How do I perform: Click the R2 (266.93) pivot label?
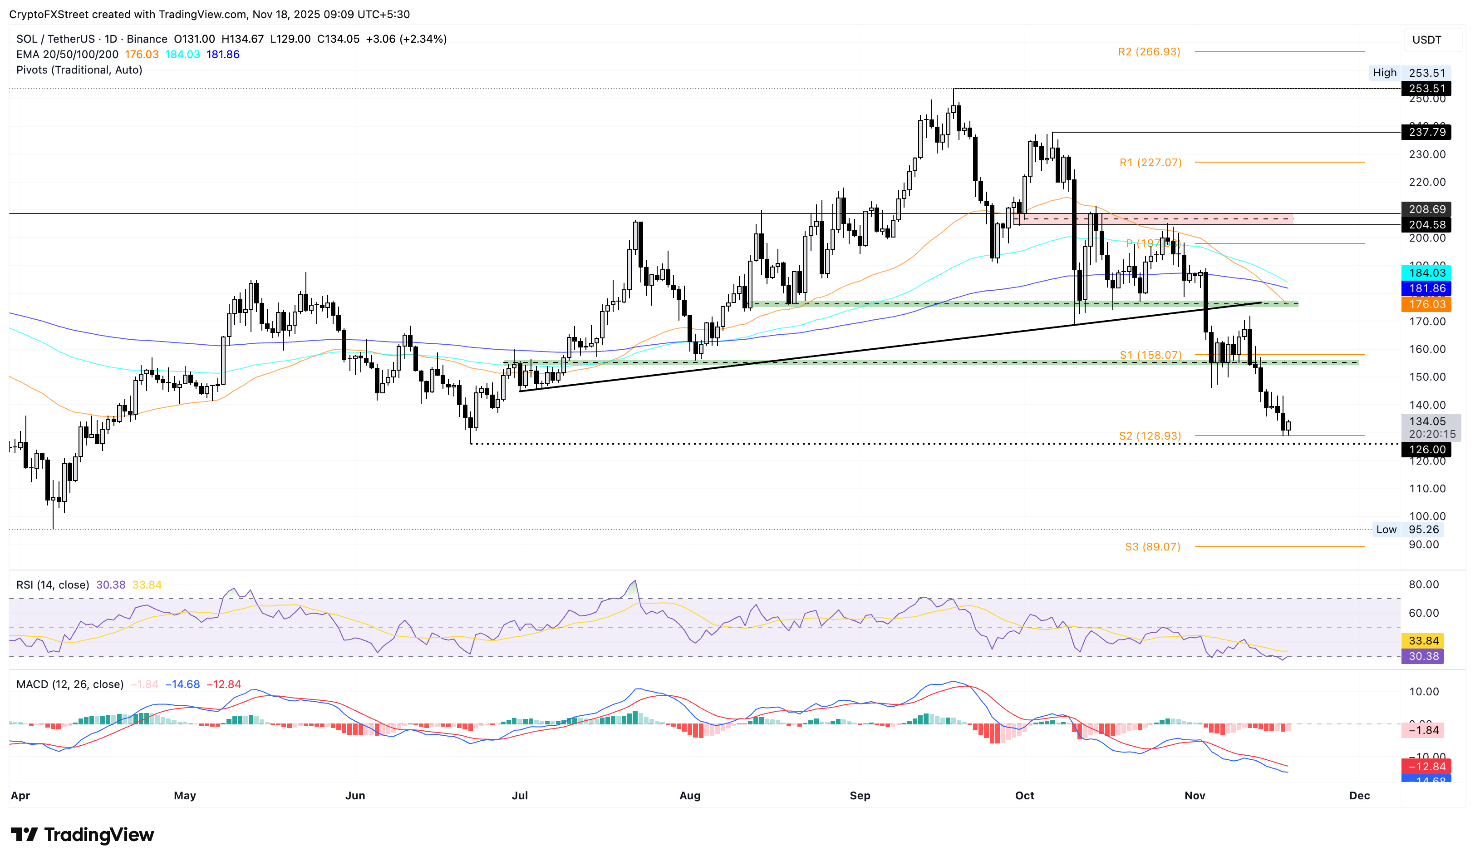tap(1149, 51)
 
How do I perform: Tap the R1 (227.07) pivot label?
tap(1150, 162)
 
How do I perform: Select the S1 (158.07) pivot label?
tap(1150, 355)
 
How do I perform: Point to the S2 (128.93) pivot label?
tap(1150, 436)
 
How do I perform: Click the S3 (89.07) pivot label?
tap(1152, 546)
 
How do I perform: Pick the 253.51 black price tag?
tap(1426, 89)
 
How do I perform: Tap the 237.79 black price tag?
tap(1426, 132)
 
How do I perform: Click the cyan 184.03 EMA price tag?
tap(1426, 272)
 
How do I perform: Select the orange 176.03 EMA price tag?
tap(1426, 304)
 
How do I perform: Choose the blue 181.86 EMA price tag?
tap(1426, 288)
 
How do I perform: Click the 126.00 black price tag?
tap(1426, 449)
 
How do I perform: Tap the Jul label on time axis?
tap(520, 795)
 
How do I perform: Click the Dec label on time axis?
tap(1359, 795)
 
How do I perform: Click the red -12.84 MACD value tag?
tap(1426, 766)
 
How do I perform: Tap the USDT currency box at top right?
tap(1426, 40)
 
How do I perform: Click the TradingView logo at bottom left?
tap(83, 834)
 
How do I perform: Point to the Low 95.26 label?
tap(1408, 530)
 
